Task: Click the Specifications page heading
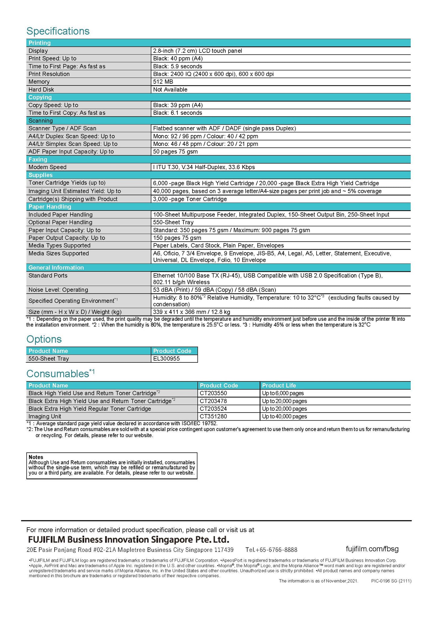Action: tap(58, 31)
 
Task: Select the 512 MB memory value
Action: tap(163, 82)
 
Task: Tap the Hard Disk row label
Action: tap(41, 89)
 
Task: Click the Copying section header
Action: tap(40, 97)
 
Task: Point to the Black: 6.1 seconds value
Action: tap(177, 113)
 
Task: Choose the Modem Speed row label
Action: tap(47, 167)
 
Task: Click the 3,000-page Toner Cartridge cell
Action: tap(190, 199)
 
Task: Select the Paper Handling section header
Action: tap(50, 207)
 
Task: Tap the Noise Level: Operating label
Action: tap(58, 290)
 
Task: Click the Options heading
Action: tap(44, 339)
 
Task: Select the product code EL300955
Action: tap(166, 358)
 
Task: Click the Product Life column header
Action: tap(279, 385)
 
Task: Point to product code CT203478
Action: tap(213, 401)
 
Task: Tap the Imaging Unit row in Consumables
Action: tap(45, 416)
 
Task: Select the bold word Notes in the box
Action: tap(36, 457)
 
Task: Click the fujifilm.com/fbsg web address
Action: tap(372, 549)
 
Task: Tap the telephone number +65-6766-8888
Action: tap(271, 550)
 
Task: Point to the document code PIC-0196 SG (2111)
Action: tap(391, 581)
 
